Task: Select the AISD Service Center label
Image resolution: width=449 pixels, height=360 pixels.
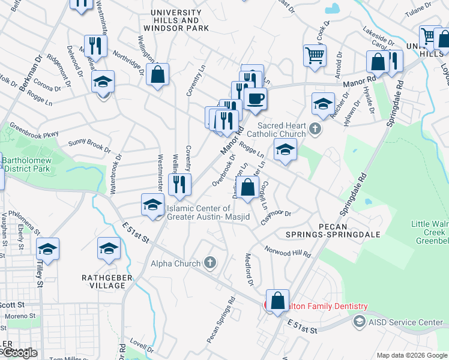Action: pos(406,322)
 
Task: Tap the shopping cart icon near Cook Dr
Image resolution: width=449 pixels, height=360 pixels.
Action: pos(315,56)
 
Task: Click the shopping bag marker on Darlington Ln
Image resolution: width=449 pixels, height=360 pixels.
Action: pos(247,188)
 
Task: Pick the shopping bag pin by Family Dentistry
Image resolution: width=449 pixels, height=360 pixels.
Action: pos(278,301)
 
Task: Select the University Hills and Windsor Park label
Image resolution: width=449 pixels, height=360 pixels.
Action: pos(176,20)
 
